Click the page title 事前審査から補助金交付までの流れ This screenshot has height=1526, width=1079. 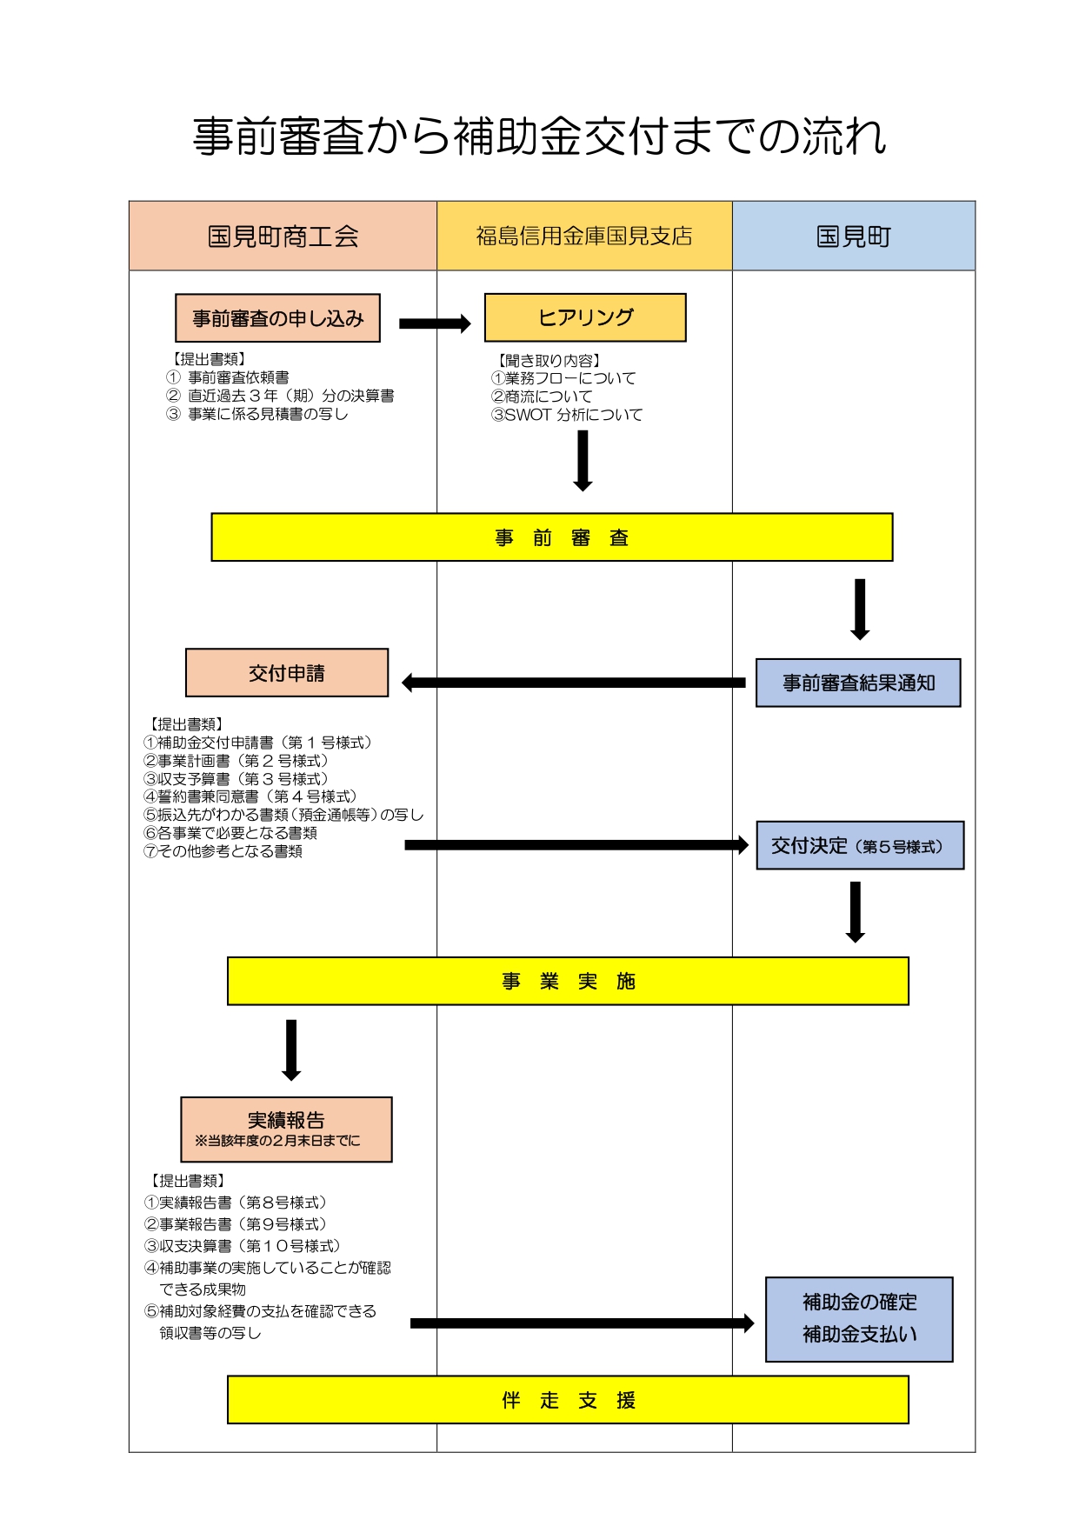coord(539,137)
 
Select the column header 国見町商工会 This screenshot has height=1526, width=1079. coord(283,236)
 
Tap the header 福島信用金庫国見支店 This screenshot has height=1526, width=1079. coord(584,236)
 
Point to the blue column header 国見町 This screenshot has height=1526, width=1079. coord(854,236)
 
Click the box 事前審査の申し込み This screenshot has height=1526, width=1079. coord(278,318)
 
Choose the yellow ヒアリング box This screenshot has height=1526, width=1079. coord(585,317)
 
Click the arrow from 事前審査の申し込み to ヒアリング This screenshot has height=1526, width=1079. coord(435,323)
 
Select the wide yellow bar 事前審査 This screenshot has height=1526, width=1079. coord(552,537)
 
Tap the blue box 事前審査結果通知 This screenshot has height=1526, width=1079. coord(858,683)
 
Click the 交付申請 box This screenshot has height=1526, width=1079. coord(287,673)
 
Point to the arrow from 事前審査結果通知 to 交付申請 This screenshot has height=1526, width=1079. coord(574,683)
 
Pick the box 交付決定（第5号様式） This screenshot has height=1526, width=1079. coord(860,845)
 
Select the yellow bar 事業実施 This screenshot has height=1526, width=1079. coord(568,981)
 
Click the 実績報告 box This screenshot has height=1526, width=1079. coord(286,1130)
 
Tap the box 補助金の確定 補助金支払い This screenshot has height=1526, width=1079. coord(859,1319)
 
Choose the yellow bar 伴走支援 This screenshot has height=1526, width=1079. coord(568,1400)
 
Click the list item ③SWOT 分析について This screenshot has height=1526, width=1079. coord(567,415)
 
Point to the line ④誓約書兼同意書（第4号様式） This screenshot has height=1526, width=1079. coord(250,796)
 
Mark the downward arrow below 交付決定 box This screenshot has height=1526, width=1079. coord(856,912)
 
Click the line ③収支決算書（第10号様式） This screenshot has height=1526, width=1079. coord(243,1246)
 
